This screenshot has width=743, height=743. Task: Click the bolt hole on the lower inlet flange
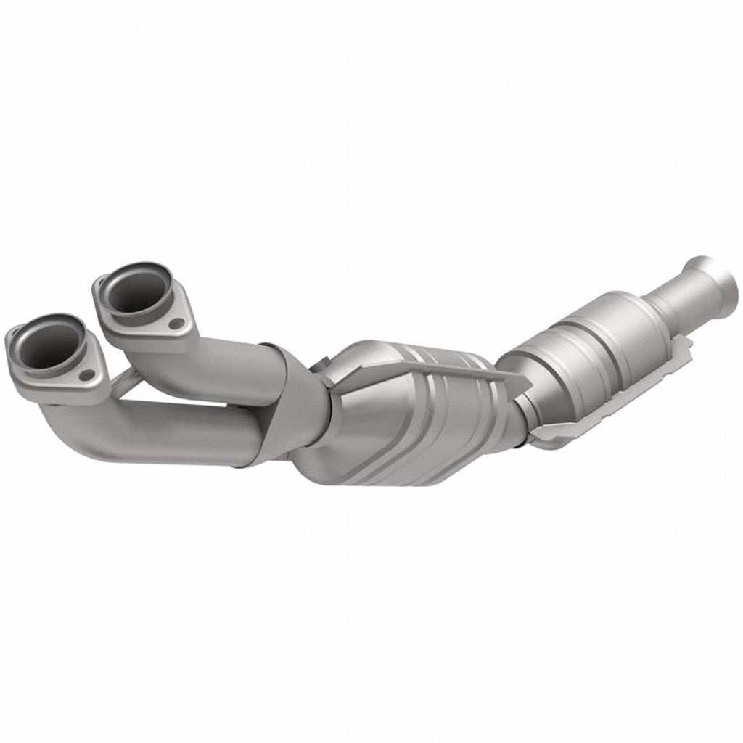[87, 374]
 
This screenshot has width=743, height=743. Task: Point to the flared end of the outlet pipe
[715, 276]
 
